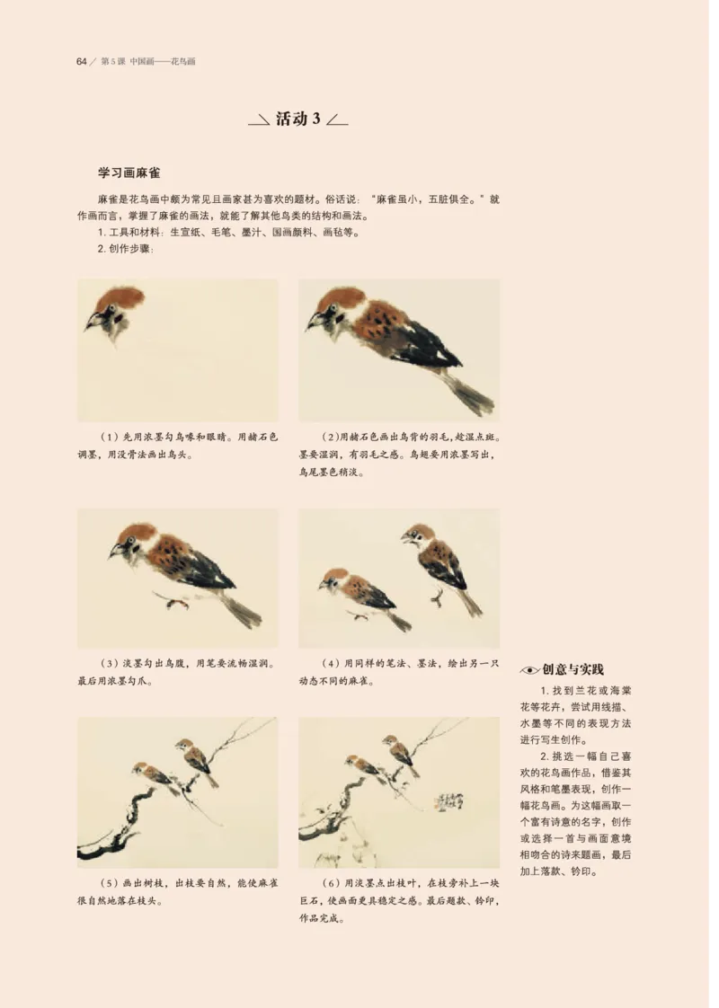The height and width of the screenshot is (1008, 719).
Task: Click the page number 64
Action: point(81,62)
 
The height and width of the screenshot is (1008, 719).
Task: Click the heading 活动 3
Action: point(297,119)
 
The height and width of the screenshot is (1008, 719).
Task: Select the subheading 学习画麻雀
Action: point(129,172)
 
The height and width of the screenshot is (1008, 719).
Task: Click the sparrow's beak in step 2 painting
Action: point(314,321)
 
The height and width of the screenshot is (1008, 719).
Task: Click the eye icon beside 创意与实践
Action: point(529,670)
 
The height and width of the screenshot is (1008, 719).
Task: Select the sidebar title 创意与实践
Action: point(573,669)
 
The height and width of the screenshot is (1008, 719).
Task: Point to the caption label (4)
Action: point(330,664)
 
